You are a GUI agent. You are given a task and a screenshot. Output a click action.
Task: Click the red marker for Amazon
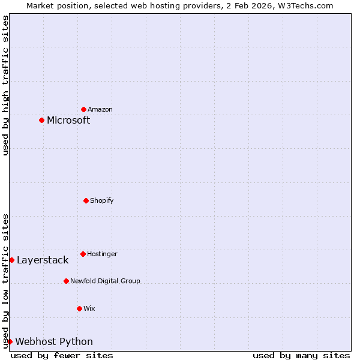point(83,109)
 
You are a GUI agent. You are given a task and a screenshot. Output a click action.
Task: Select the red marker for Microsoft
point(41,120)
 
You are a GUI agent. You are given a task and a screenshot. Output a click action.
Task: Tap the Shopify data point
point(86,200)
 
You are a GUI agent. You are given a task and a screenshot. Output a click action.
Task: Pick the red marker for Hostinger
point(83,254)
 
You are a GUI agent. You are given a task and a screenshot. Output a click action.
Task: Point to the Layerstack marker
point(11,260)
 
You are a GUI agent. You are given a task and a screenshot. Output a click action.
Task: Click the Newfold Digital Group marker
point(66,281)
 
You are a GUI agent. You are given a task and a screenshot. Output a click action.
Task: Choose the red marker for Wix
point(79,308)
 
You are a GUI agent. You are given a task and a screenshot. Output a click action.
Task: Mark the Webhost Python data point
point(10,341)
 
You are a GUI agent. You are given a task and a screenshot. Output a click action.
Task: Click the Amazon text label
point(100,109)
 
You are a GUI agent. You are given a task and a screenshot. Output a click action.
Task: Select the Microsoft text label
point(68,120)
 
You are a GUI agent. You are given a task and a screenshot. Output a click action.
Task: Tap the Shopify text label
point(102,200)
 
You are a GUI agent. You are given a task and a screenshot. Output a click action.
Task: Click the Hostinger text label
point(102,254)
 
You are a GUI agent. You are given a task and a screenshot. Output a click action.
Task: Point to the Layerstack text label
point(43,260)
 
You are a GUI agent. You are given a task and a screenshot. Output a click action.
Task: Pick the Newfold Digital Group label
point(105,281)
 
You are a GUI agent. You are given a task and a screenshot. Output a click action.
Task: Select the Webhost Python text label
point(54,341)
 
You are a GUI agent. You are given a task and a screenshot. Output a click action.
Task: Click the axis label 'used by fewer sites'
point(62,355)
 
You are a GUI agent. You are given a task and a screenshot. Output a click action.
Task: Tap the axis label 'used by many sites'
point(301,355)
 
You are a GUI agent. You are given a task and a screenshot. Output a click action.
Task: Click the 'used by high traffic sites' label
point(5,85)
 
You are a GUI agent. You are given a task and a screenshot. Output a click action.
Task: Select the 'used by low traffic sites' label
point(5,281)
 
